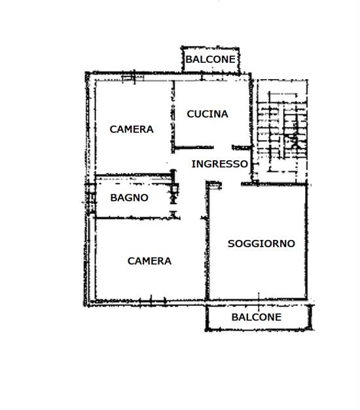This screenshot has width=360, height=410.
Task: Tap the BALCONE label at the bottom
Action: pos(256,317)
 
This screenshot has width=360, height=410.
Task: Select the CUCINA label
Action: pos(207,114)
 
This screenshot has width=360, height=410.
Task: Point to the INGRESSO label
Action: pos(219,164)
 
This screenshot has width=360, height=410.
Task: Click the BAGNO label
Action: pos(129,197)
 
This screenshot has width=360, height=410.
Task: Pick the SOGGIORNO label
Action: pos(261,244)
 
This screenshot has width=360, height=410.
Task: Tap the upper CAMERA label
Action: pos(132,129)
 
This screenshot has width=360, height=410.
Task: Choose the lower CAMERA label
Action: pos(149,261)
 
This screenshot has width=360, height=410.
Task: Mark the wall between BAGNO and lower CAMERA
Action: pos(134,218)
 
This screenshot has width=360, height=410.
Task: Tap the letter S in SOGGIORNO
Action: pos(231,244)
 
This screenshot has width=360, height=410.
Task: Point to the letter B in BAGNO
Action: pos(113,197)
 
